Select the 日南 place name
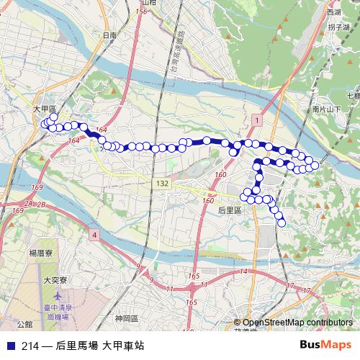pos(109,35)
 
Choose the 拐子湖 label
pos(338,27)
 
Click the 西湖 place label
pos(333,12)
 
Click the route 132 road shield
pos(163,184)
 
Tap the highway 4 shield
pos(94,235)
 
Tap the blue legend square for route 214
pos(9,346)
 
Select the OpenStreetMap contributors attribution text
pos(297,323)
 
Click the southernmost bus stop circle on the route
pos(282,222)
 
